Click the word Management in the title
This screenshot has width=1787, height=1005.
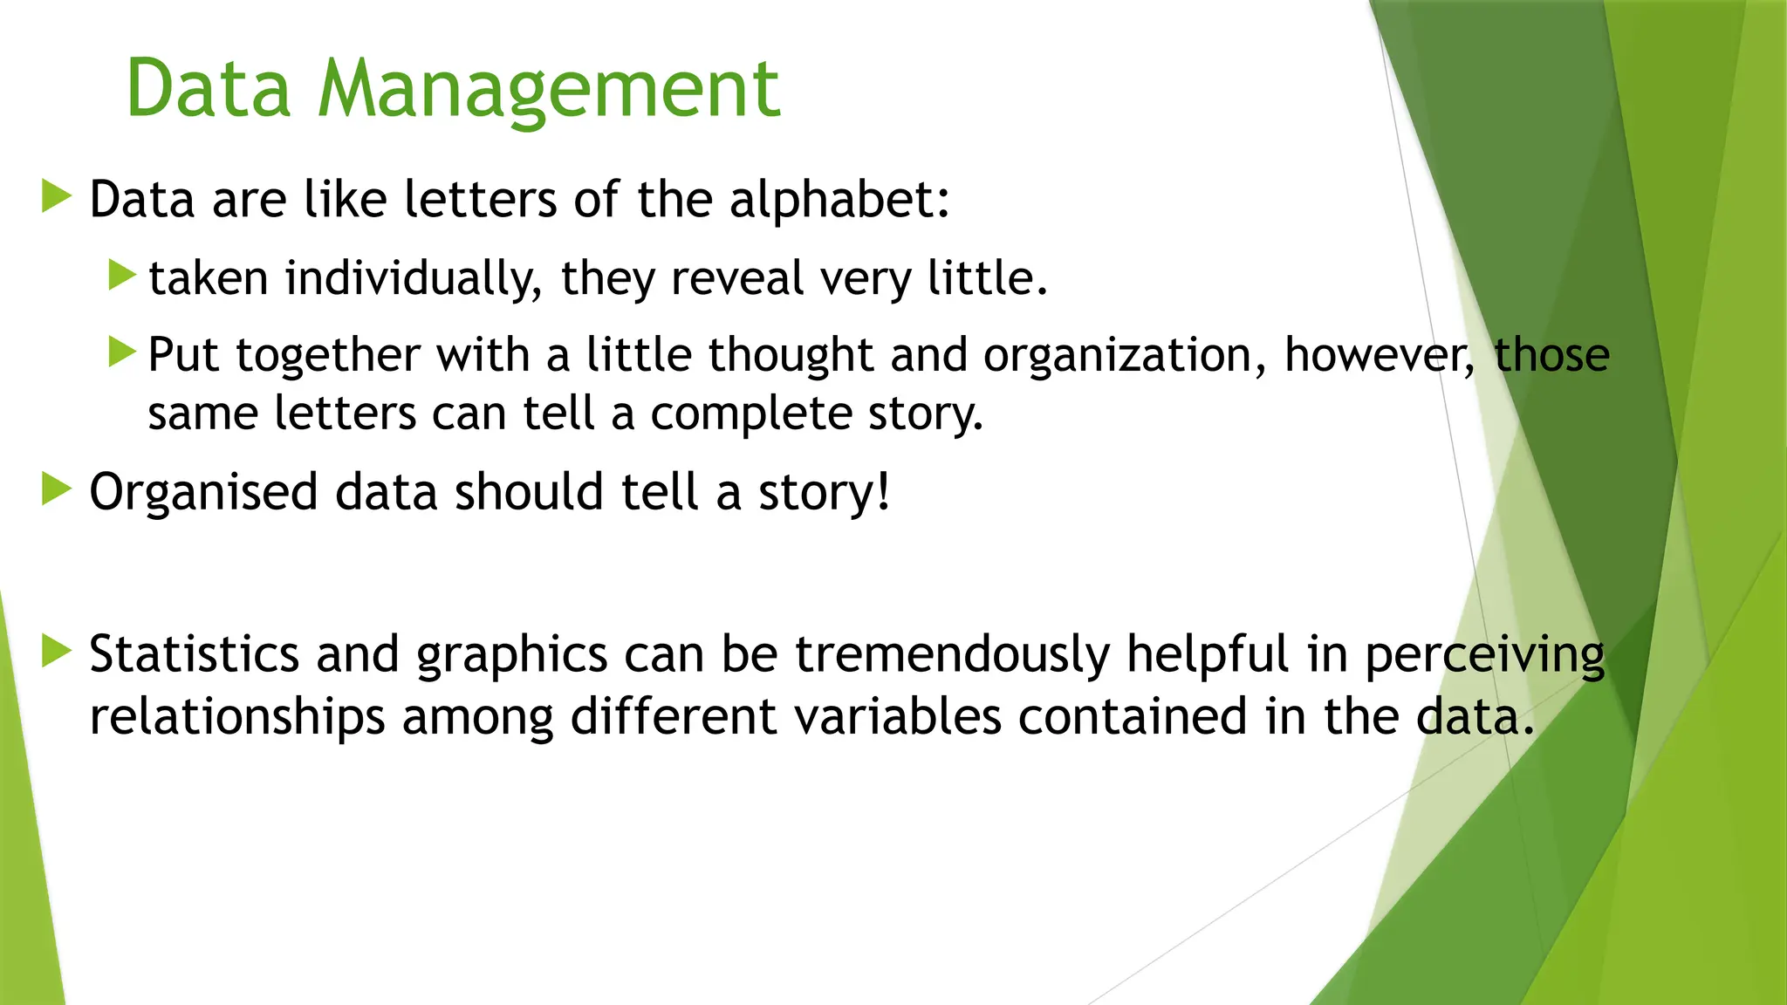[549, 89]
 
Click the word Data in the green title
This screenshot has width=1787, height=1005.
[208, 89]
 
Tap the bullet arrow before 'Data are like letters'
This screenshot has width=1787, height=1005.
[57, 196]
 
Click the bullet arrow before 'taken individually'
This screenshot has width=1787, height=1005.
[123, 276]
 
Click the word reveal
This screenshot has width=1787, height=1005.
[737, 279]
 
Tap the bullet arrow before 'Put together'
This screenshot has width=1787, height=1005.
[123, 352]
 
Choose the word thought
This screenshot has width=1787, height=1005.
[791, 356]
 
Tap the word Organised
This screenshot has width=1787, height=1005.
[204, 492]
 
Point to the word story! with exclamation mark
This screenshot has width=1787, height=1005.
[825, 494]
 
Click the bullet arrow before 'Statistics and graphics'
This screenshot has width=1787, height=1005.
[57, 651]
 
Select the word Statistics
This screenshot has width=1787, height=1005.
[195, 654]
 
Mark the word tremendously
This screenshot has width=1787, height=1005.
[952, 654]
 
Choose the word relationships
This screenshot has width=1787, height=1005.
[237, 717]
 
